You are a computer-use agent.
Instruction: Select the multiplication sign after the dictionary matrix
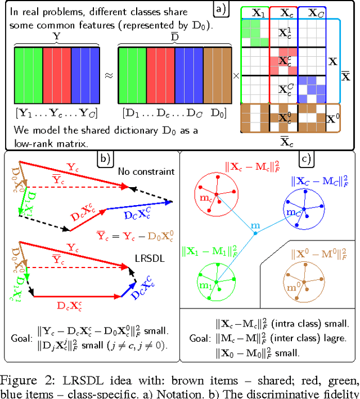coord(235,76)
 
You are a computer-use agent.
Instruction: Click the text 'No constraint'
coord(141,169)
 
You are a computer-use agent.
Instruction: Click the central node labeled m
coord(255,226)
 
